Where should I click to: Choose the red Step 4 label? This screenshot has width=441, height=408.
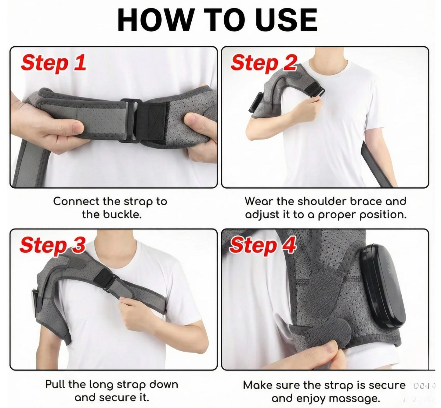tap(262, 245)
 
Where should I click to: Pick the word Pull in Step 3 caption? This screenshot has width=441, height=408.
tap(56, 384)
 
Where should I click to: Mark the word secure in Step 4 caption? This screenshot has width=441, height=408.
tap(387, 385)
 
